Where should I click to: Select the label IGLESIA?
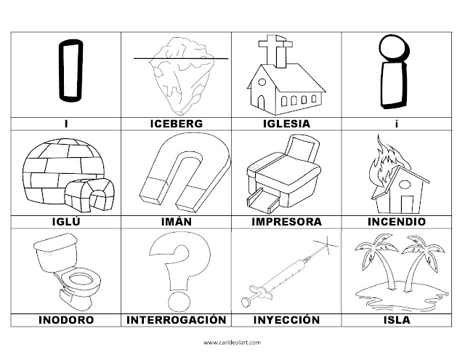point(286,124)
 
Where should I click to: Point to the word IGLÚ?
point(68,222)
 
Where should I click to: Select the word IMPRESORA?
point(286,222)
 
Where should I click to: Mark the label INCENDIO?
point(397,222)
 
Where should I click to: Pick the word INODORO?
point(68,319)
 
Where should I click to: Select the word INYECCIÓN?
point(286,319)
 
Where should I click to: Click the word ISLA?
point(397,319)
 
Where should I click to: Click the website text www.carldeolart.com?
point(232,341)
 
